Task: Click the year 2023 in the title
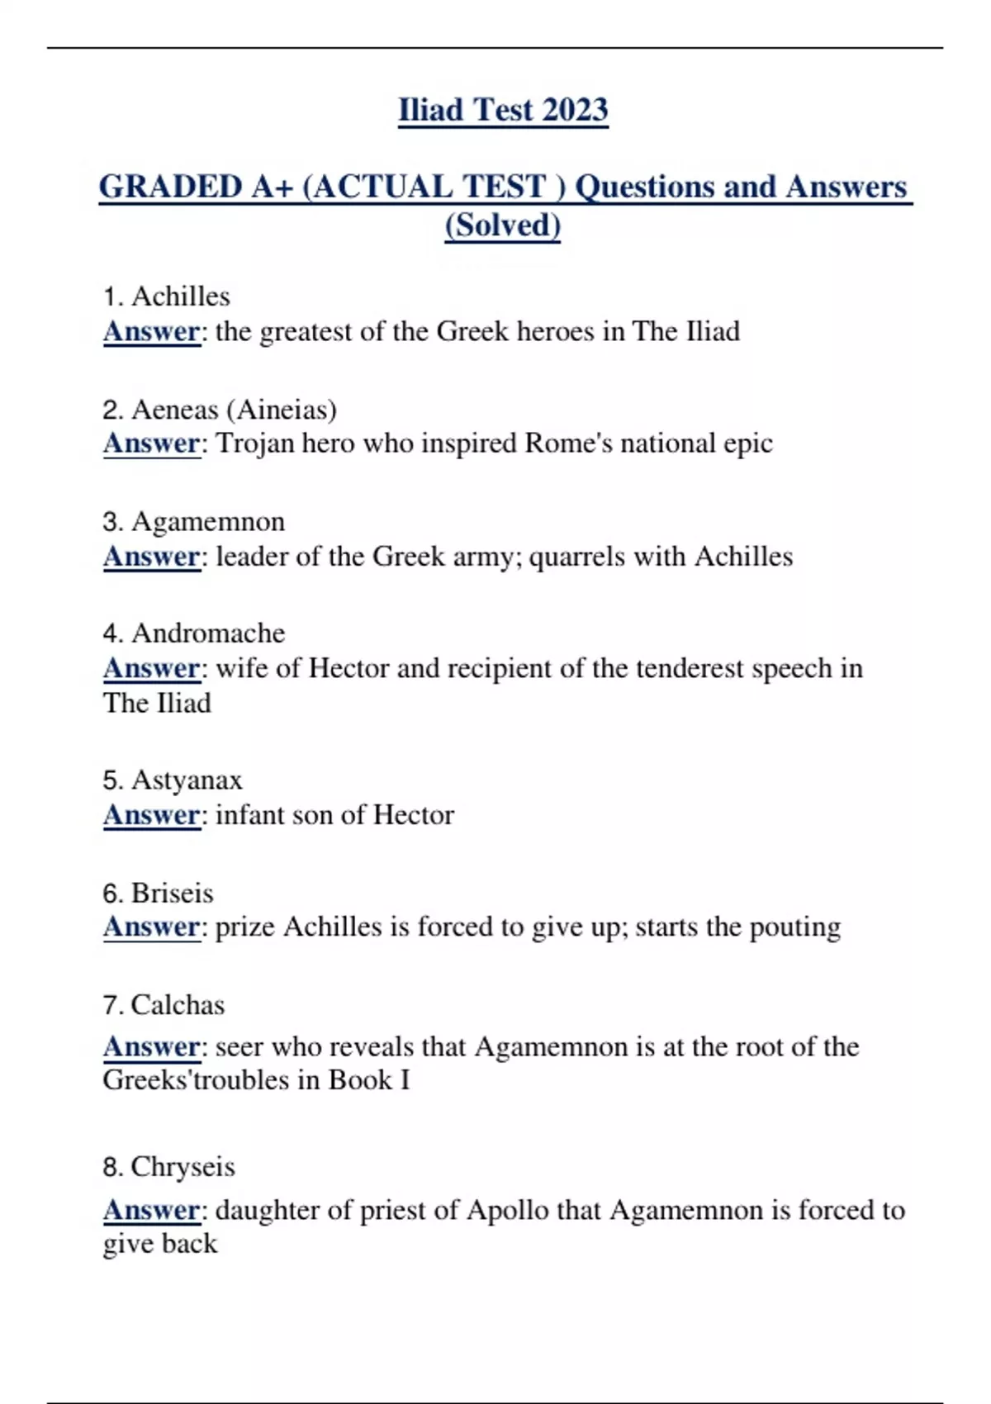(x=575, y=110)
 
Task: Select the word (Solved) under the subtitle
(x=502, y=225)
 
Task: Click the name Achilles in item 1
(x=181, y=296)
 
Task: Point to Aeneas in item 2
(x=175, y=410)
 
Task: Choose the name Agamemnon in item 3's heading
(x=208, y=522)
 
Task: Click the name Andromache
(x=208, y=633)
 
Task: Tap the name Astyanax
(x=187, y=780)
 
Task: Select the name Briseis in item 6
(x=172, y=893)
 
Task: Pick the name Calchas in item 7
(x=178, y=1005)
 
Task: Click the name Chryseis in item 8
(x=183, y=1167)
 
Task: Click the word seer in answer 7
(x=239, y=1047)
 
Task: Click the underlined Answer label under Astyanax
(x=152, y=815)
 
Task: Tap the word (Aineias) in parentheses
(x=282, y=410)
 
